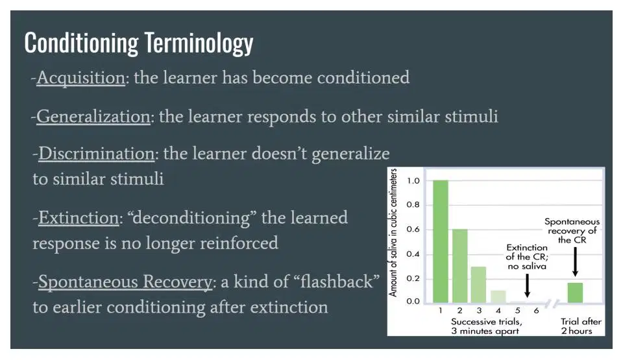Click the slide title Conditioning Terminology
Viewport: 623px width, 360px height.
pyautogui.click(x=139, y=43)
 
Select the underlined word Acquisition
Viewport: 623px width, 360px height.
pyautogui.click(x=80, y=77)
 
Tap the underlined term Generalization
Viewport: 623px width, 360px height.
pyautogui.click(x=93, y=117)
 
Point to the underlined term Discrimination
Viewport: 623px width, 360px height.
pyautogui.click(x=96, y=153)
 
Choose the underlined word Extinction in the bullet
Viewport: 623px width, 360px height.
pyautogui.click(x=79, y=218)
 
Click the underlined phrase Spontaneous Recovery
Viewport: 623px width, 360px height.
pyautogui.click(x=125, y=282)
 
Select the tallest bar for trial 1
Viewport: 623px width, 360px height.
pyautogui.click(x=440, y=241)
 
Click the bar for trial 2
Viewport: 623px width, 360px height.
pyautogui.click(x=459, y=266)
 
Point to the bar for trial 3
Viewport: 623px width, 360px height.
pyautogui.click(x=479, y=285)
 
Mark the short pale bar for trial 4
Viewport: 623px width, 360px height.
pyautogui.click(x=498, y=296)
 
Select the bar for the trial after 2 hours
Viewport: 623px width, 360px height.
pyautogui.click(x=575, y=293)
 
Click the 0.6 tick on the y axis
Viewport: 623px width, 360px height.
pyautogui.click(x=413, y=229)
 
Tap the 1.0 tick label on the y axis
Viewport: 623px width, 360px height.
pyautogui.click(x=413, y=181)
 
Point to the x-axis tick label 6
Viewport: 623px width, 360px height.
pyautogui.click(x=537, y=311)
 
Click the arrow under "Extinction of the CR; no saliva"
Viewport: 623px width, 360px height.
pyautogui.click(x=527, y=285)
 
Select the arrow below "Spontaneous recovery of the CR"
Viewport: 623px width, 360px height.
pyautogui.click(x=576, y=262)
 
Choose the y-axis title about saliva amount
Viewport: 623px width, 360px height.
pyautogui.click(x=393, y=233)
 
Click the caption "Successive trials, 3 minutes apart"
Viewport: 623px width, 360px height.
pyautogui.click(x=486, y=326)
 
